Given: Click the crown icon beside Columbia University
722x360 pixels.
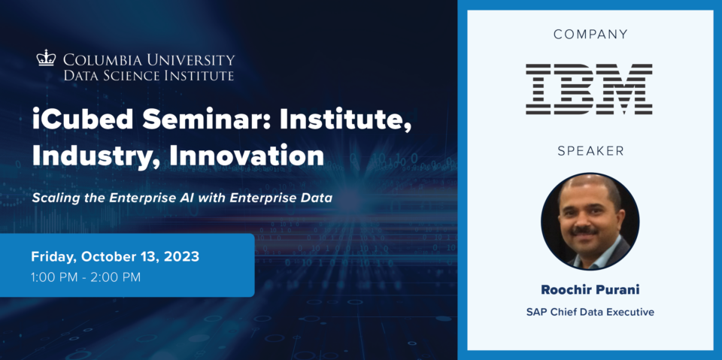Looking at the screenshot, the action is [46, 58].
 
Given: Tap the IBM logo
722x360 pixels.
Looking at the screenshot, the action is [590, 89].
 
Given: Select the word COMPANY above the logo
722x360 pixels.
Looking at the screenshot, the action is [590, 34].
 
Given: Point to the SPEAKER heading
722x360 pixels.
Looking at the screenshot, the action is [590, 150].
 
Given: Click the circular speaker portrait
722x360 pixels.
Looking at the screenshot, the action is [590, 222].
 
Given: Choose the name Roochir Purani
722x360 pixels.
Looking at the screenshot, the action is [590, 290].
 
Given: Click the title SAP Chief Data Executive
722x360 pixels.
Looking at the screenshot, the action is [590, 312].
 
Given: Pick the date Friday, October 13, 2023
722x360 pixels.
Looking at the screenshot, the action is [115, 257].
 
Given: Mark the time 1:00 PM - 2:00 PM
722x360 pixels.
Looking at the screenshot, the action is [86, 277].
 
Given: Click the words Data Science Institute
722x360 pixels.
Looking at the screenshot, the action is [149, 75].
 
